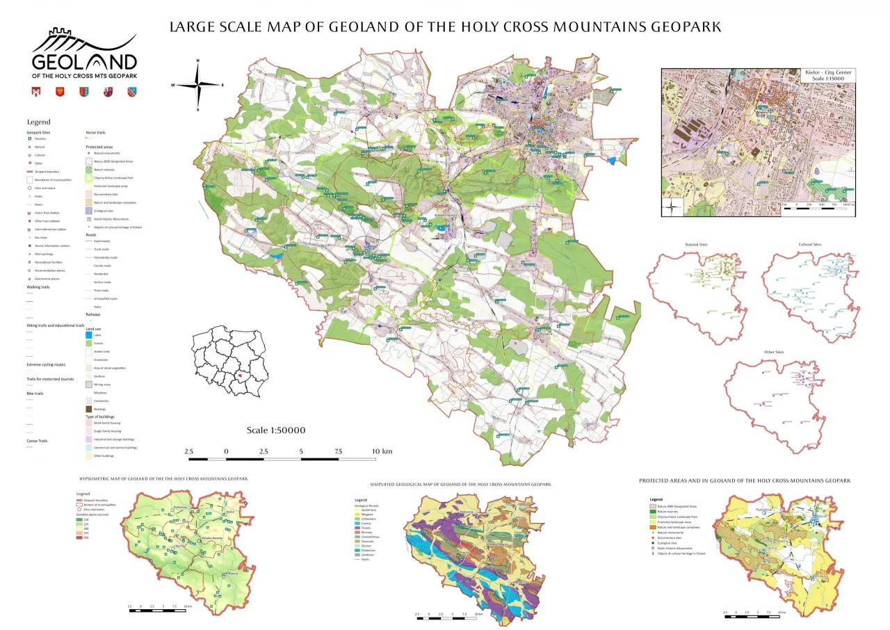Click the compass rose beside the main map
[x=198, y=85]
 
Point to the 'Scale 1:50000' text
[x=275, y=430]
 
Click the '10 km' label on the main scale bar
[x=382, y=452]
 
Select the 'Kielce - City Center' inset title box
[x=827, y=75]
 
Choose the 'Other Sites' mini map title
[x=773, y=353]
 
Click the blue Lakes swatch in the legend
[x=89, y=335]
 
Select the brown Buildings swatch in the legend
[x=89, y=410]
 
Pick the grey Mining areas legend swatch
[x=89, y=385]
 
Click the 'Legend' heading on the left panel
[x=38, y=122]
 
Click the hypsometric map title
[x=163, y=478]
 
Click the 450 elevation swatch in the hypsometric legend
[x=79, y=538]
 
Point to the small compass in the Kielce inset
[x=672, y=207]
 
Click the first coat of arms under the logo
[x=37, y=91]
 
